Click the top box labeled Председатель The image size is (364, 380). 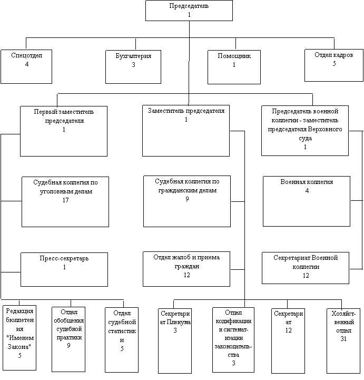(189, 11)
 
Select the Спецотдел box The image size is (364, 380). (26, 66)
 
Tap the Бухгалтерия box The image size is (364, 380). (133, 67)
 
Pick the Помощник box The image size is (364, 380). (234, 67)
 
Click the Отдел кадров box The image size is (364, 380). (334, 65)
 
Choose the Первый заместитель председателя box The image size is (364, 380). (64, 131)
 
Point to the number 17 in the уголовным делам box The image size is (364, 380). (66, 200)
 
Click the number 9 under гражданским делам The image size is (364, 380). (187, 199)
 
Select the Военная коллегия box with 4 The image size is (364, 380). (307, 201)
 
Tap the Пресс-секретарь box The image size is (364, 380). (64, 269)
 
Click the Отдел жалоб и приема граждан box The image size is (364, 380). (186, 269)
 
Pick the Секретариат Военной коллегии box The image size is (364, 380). (306, 268)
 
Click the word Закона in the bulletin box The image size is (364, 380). (19, 347)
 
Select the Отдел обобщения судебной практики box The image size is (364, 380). (68, 339)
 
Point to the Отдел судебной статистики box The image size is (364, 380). (122, 340)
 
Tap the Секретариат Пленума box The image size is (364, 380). (175, 341)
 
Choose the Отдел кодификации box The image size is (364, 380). (233, 340)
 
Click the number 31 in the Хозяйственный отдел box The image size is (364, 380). (343, 339)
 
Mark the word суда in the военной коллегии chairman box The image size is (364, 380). (305, 139)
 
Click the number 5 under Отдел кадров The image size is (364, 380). (334, 64)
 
